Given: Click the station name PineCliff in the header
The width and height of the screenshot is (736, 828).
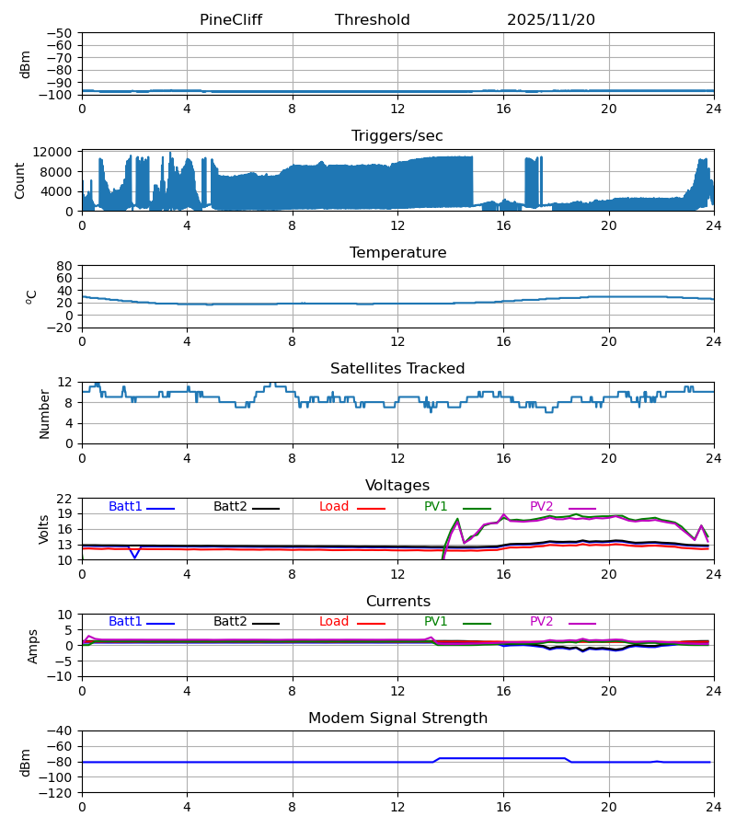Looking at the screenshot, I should pos(231,20).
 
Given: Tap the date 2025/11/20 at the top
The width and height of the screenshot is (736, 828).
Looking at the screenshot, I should pos(551,20).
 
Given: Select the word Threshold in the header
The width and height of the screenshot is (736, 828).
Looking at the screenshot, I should pos(373,20).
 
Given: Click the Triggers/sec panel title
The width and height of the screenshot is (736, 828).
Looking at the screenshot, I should pos(397,136).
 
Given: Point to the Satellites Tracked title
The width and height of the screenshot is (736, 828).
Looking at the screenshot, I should pos(397,369).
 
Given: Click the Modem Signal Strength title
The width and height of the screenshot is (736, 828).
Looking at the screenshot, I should pos(397,719).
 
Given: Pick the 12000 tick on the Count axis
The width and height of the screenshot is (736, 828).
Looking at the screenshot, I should pos(59,152).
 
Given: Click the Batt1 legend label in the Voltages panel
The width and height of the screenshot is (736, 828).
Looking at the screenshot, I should pos(126,507).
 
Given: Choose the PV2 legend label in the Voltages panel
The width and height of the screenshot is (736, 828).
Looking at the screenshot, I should pos(546,507).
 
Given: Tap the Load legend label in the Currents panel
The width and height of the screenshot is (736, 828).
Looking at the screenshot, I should pos(334,622).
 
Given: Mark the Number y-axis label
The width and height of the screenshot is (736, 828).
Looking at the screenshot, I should pos(44,413).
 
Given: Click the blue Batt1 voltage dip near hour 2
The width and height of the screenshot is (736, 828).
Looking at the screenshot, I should pos(134,557).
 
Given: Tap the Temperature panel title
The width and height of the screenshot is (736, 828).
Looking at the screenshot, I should pos(397,253).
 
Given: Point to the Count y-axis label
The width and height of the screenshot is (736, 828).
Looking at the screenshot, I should pos(20,180).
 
